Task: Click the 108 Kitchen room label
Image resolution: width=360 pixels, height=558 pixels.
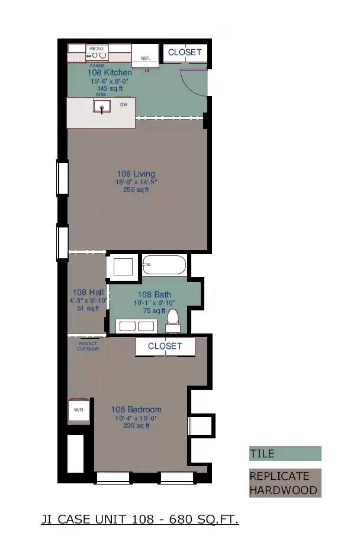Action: tap(110, 72)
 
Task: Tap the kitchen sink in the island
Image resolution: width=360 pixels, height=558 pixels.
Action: tap(102, 107)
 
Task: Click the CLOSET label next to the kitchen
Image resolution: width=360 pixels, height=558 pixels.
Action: tap(185, 52)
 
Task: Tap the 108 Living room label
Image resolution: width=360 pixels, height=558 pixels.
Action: tap(136, 174)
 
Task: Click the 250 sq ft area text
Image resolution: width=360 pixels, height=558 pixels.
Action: tap(136, 190)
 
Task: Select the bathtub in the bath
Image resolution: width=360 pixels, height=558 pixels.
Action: tap(164, 265)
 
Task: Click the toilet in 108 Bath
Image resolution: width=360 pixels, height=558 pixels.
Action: tap(173, 320)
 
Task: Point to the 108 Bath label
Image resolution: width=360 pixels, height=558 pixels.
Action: tap(154, 294)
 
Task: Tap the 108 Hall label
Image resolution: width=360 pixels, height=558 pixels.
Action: tap(88, 292)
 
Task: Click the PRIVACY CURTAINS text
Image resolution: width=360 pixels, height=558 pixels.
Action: tap(88, 346)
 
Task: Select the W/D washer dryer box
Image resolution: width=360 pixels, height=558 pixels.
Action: tap(79, 411)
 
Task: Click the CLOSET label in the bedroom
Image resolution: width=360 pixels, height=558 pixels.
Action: tap(165, 346)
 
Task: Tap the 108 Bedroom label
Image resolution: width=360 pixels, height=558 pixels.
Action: tap(136, 409)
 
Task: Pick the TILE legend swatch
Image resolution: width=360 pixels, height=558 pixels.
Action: tap(285, 454)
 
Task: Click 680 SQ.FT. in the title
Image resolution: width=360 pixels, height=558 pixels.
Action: tap(204, 520)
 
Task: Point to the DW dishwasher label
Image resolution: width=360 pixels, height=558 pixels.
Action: tap(124, 105)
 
